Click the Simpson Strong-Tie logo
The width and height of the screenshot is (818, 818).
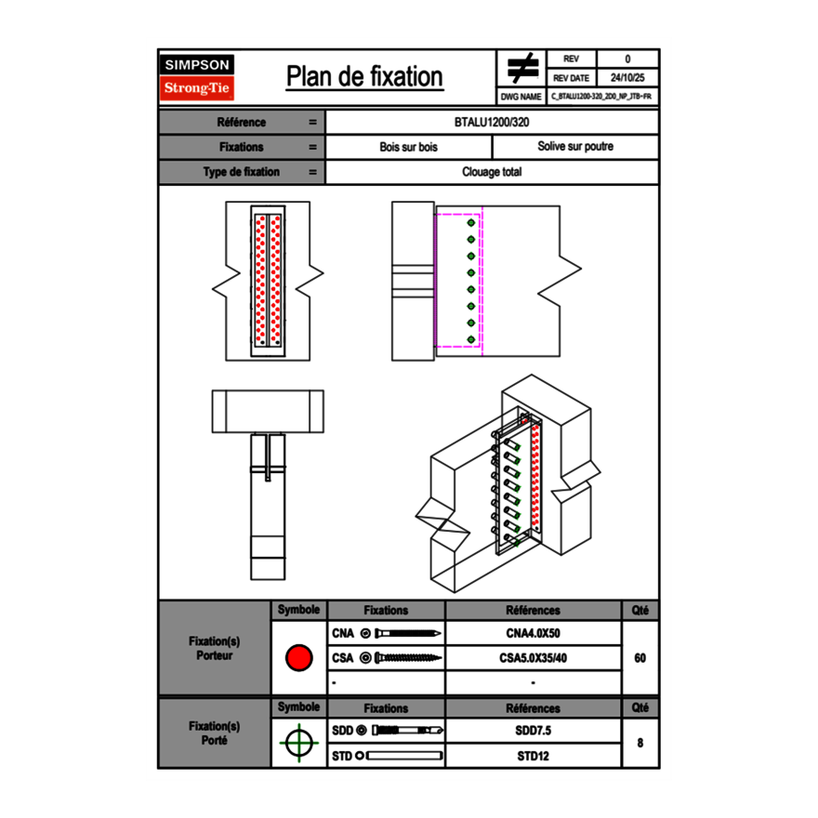click(x=197, y=77)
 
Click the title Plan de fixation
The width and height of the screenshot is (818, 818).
click(x=363, y=76)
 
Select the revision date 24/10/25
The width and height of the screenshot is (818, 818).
click(x=627, y=78)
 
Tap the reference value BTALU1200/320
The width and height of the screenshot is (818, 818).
click(x=492, y=123)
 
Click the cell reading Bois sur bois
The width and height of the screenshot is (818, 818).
click(x=408, y=147)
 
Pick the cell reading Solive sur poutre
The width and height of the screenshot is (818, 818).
click(x=574, y=147)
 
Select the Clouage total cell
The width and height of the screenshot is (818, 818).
click(x=492, y=172)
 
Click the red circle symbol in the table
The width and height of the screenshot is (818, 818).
click(x=298, y=658)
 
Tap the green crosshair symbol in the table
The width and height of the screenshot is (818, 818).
click(x=298, y=744)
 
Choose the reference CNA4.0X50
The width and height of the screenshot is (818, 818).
click(x=533, y=634)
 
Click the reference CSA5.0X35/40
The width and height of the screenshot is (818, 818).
click(x=533, y=658)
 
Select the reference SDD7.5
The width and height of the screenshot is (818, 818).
click(x=533, y=731)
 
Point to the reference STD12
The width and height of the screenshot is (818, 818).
click(x=533, y=756)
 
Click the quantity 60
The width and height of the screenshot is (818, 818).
click(x=640, y=658)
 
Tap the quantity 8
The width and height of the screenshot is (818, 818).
click(x=640, y=744)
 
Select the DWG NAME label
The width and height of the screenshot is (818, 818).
click(x=521, y=97)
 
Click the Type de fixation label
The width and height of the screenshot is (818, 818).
click(x=241, y=172)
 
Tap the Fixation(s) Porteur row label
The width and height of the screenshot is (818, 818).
click(x=215, y=648)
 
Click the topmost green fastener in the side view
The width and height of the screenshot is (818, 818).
click(x=471, y=223)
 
